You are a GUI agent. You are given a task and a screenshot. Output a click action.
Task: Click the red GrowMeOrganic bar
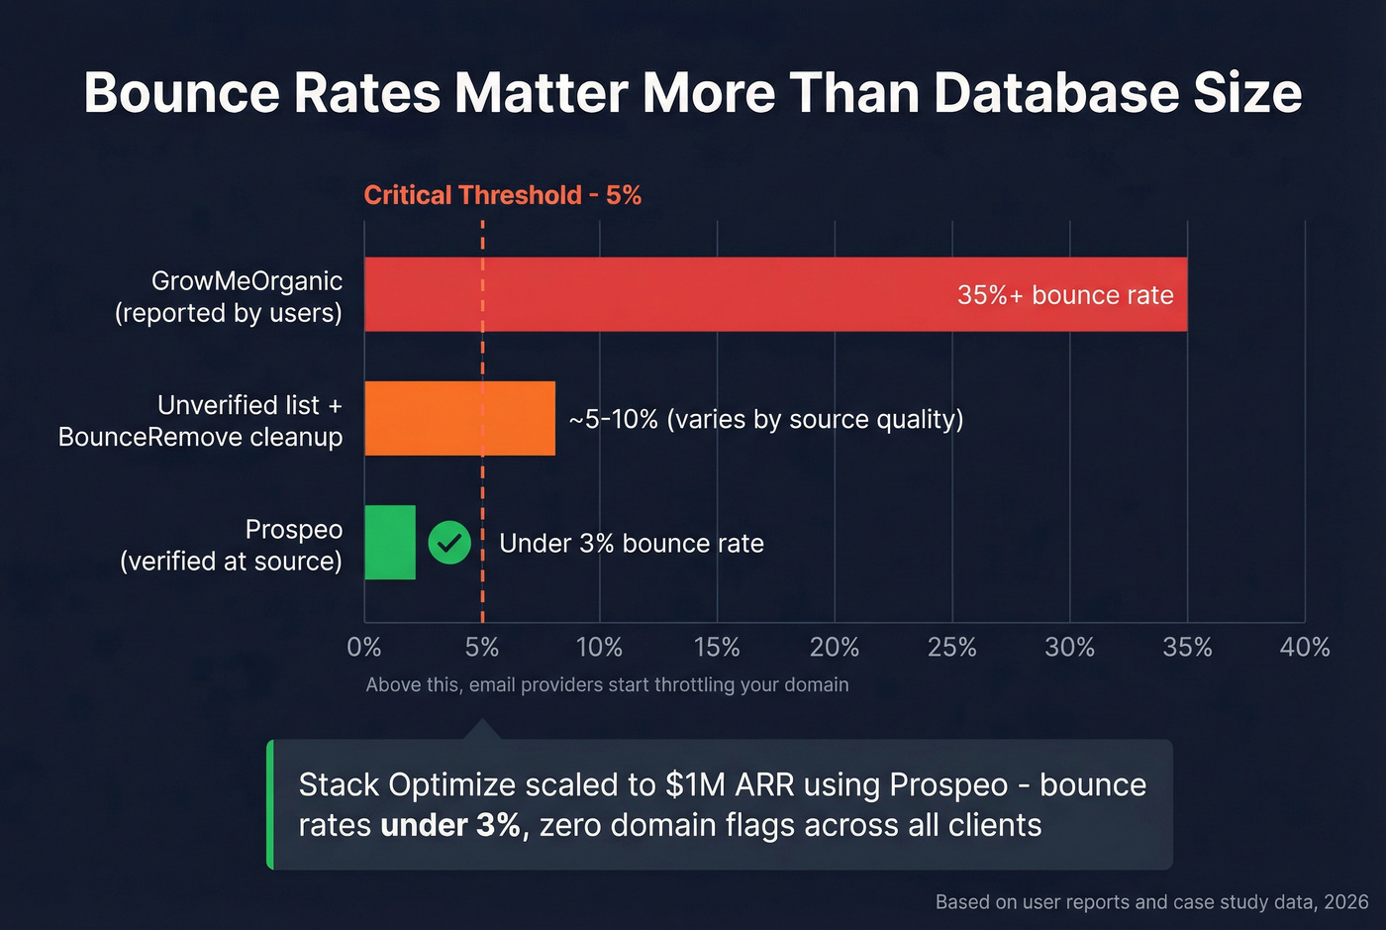click(693, 294)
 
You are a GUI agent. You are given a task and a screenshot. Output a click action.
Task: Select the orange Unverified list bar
click(459, 418)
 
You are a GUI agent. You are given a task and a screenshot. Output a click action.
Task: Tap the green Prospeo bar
click(390, 542)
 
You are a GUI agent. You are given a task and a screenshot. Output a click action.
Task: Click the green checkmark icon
click(449, 543)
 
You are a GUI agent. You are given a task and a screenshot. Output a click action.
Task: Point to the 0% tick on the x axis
click(364, 648)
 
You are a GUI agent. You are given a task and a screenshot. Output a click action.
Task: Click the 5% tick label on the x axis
click(482, 648)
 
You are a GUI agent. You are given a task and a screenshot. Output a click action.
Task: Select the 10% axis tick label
click(599, 648)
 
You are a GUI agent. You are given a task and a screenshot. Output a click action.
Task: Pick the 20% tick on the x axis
click(835, 648)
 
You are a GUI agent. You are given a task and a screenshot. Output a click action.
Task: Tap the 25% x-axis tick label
click(951, 648)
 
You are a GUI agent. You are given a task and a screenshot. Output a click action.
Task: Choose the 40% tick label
click(1305, 648)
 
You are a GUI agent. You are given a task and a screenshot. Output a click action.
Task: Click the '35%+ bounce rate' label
click(1065, 295)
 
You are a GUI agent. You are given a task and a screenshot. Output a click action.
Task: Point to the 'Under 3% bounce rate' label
click(632, 544)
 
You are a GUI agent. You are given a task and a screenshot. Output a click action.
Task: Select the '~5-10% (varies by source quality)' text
click(766, 419)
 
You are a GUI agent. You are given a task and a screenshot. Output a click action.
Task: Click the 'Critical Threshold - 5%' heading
click(503, 195)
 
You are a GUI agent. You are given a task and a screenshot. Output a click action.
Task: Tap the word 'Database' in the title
click(1055, 93)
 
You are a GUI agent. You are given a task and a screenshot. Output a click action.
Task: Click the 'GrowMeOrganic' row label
click(247, 281)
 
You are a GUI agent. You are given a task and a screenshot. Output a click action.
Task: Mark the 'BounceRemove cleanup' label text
click(201, 437)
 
